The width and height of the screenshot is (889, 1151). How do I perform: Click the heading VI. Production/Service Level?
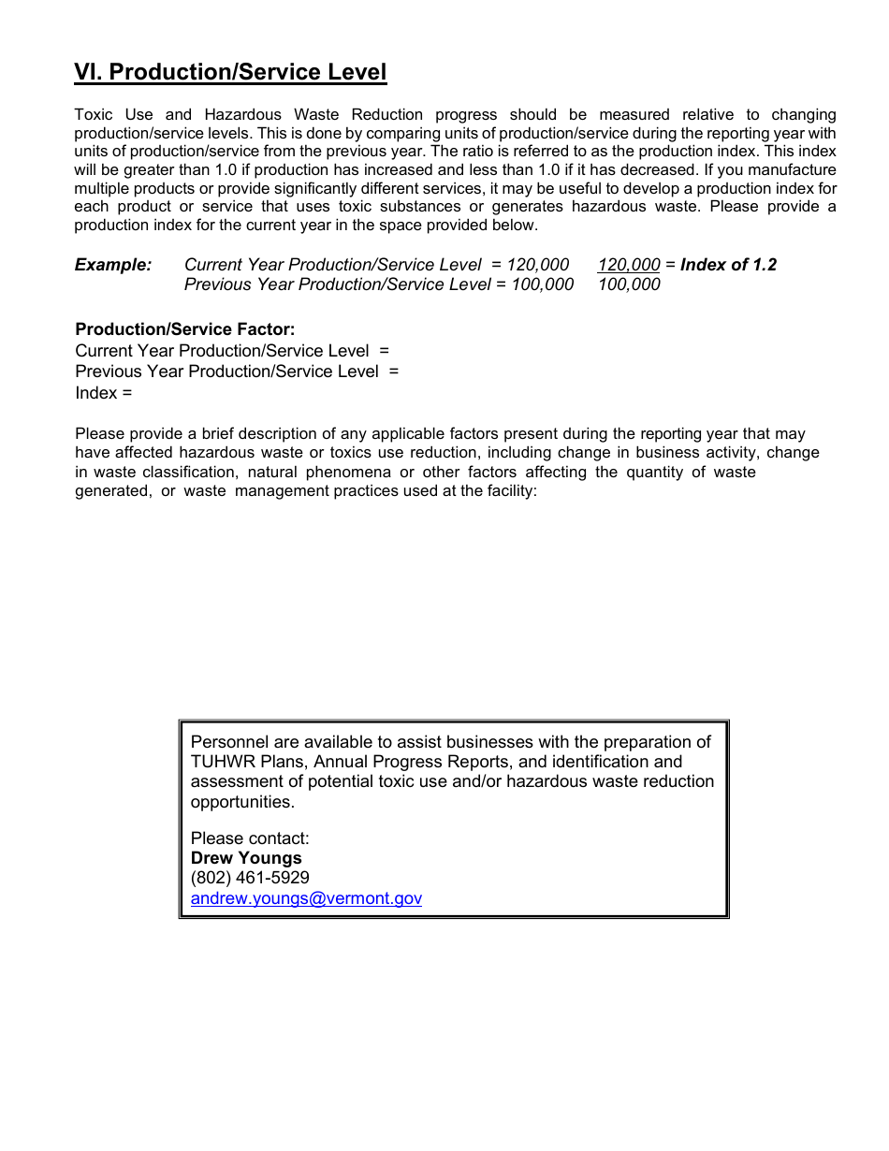tap(230, 72)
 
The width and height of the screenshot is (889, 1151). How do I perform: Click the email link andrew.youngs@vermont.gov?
tap(306, 898)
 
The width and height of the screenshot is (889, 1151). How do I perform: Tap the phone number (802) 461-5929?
tap(250, 878)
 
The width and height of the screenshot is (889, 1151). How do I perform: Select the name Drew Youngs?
tap(246, 858)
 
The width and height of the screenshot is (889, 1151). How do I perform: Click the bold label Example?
tap(113, 265)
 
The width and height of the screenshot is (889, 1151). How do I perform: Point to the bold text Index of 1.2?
tap(728, 265)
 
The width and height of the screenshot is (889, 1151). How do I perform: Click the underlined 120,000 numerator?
tap(629, 265)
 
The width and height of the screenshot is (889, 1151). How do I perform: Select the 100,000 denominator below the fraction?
tap(629, 284)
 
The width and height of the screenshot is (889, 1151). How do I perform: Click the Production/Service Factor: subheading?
tap(185, 329)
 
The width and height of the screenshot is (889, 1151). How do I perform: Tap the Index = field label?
tap(103, 393)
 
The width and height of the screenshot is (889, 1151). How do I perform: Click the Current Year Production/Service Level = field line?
tap(232, 351)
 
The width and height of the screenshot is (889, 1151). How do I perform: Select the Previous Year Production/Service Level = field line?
tap(237, 372)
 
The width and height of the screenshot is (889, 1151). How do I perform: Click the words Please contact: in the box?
tap(250, 838)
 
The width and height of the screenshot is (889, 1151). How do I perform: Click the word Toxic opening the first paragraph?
tap(94, 115)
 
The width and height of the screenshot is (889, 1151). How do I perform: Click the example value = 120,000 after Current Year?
tap(530, 265)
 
